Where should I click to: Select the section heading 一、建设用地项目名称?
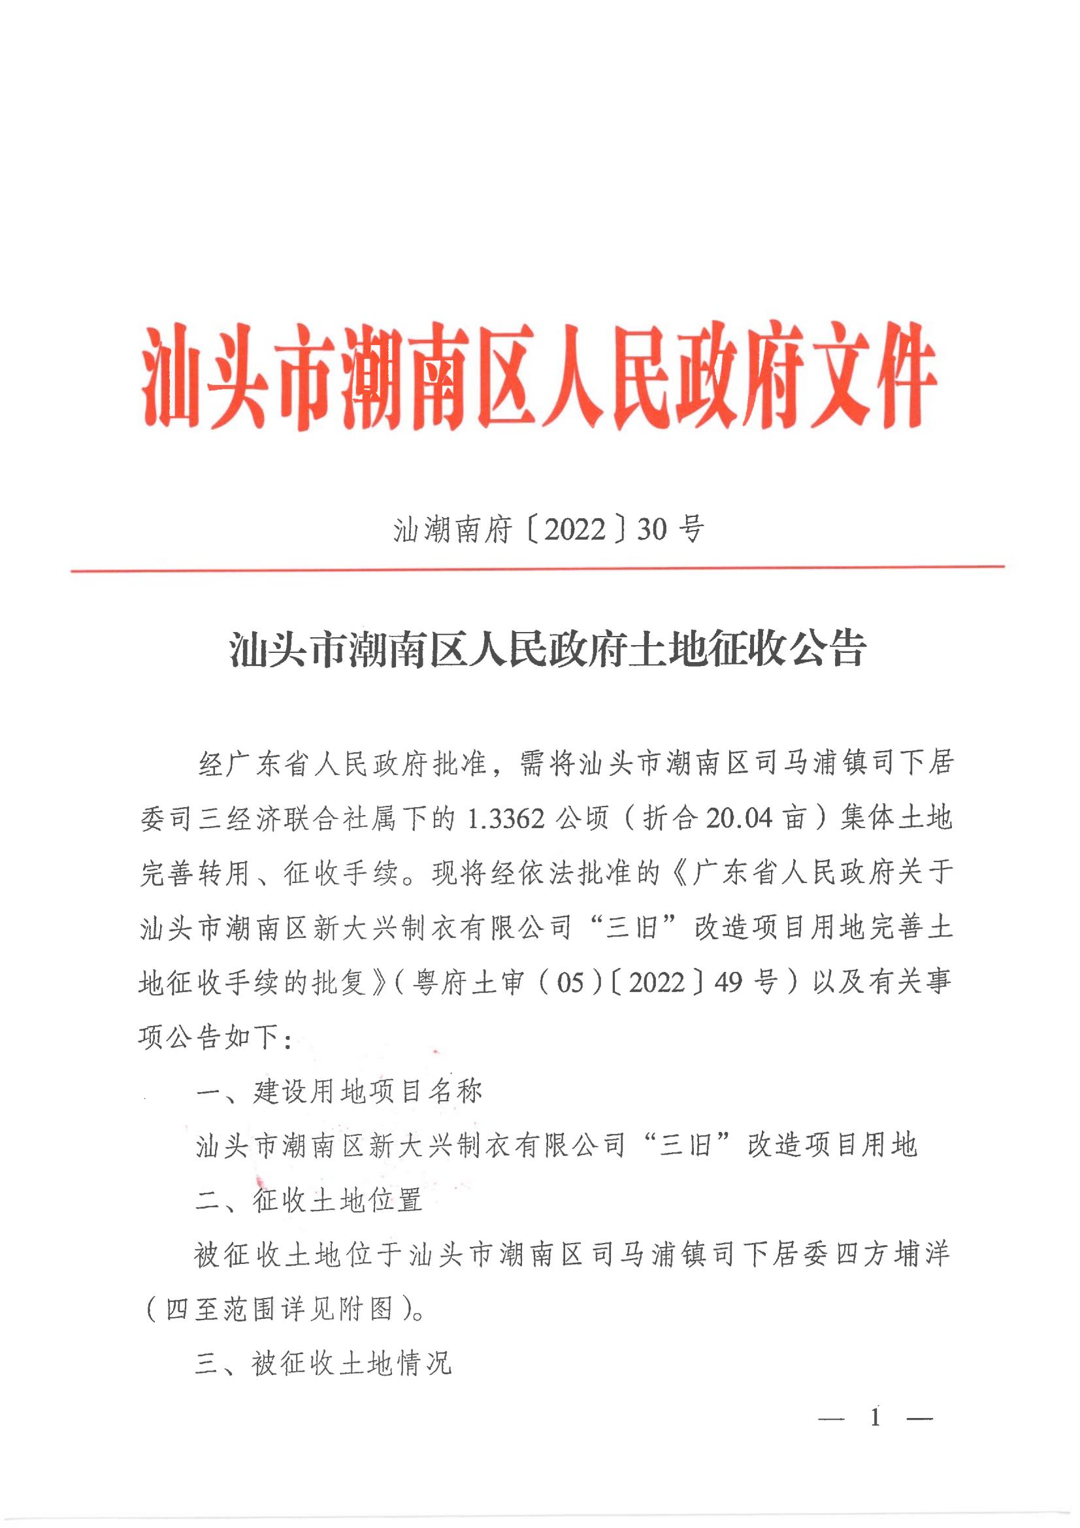338,1092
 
